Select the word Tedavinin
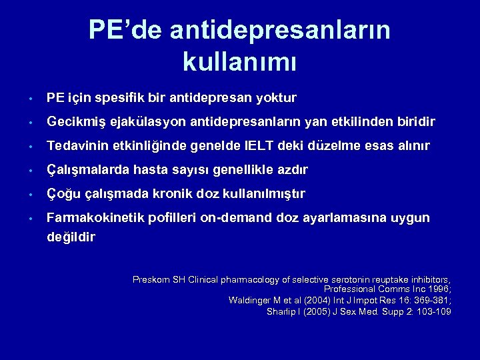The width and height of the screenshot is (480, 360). (77, 146)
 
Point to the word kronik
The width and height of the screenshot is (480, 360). (166, 194)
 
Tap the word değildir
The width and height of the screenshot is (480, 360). (71, 237)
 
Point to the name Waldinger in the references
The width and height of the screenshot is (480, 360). (250, 301)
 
